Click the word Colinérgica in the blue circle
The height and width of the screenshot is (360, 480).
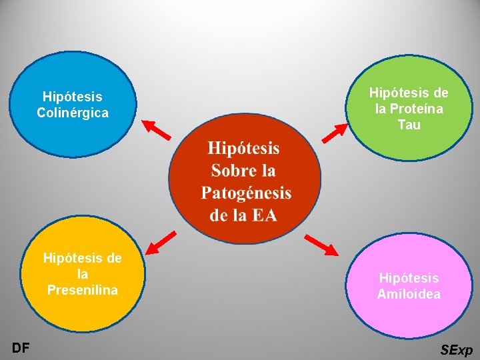coord(73,113)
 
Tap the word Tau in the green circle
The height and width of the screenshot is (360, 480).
coord(409,124)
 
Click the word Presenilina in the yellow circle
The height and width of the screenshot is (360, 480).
coord(82,289)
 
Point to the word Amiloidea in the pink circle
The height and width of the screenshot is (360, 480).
coord(409,293)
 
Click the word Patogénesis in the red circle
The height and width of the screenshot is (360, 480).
coord(246,193)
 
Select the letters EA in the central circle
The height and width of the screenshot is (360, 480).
coord(263,215)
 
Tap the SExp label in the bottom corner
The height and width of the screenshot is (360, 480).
coord(457,349)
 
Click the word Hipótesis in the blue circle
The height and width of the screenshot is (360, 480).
coord(72,97)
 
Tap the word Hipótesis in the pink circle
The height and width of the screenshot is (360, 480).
coord(409,277)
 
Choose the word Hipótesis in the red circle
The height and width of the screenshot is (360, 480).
coord(243,147)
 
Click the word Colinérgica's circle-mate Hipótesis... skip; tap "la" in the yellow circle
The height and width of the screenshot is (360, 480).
coord(82,273)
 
